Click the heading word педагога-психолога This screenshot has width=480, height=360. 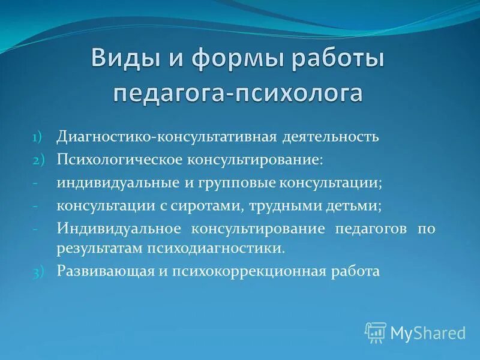pos(238,94)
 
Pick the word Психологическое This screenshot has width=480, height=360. pos(121,159)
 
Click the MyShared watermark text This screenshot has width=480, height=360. pos(428,332)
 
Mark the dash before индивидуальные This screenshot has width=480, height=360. pos(36,182)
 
